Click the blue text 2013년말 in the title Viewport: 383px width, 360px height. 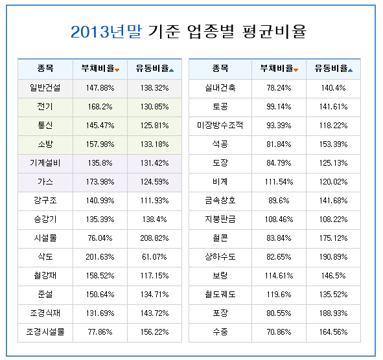tap(106, 32)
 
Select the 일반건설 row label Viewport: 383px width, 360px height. tap(45, 88)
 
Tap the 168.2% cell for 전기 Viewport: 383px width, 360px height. tap(100, 107)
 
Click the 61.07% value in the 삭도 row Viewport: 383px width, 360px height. tap(154, 257)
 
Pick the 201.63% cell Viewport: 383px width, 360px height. tap(100, 257)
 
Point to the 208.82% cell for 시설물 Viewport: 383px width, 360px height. tap(154, 238)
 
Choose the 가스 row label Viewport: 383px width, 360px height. tap(45, 182)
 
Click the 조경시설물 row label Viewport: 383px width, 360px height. tap(45, 332)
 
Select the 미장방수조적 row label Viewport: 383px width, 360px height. tap(220, 126)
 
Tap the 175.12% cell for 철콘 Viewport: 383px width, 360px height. tap(333, 238)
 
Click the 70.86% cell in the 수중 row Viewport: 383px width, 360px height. tap(279, 332)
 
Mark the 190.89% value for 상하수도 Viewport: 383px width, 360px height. tap(333, 257)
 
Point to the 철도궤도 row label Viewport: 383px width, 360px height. tap(220, 295)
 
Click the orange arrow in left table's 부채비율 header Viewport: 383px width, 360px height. tap(117, 71)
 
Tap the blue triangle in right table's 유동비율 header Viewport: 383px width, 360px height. tap(350, 71)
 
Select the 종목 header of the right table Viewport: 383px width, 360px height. tap(220, 68)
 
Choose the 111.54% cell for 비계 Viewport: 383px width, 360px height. tap(279, 182)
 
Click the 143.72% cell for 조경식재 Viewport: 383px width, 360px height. tap(154, 313)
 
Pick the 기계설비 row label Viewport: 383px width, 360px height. tap(45, 163)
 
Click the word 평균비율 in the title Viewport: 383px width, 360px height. tap(274, 32)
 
